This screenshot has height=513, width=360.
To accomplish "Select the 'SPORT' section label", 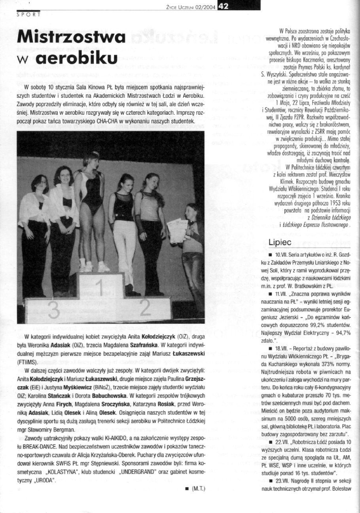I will click(x=28, y=15).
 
